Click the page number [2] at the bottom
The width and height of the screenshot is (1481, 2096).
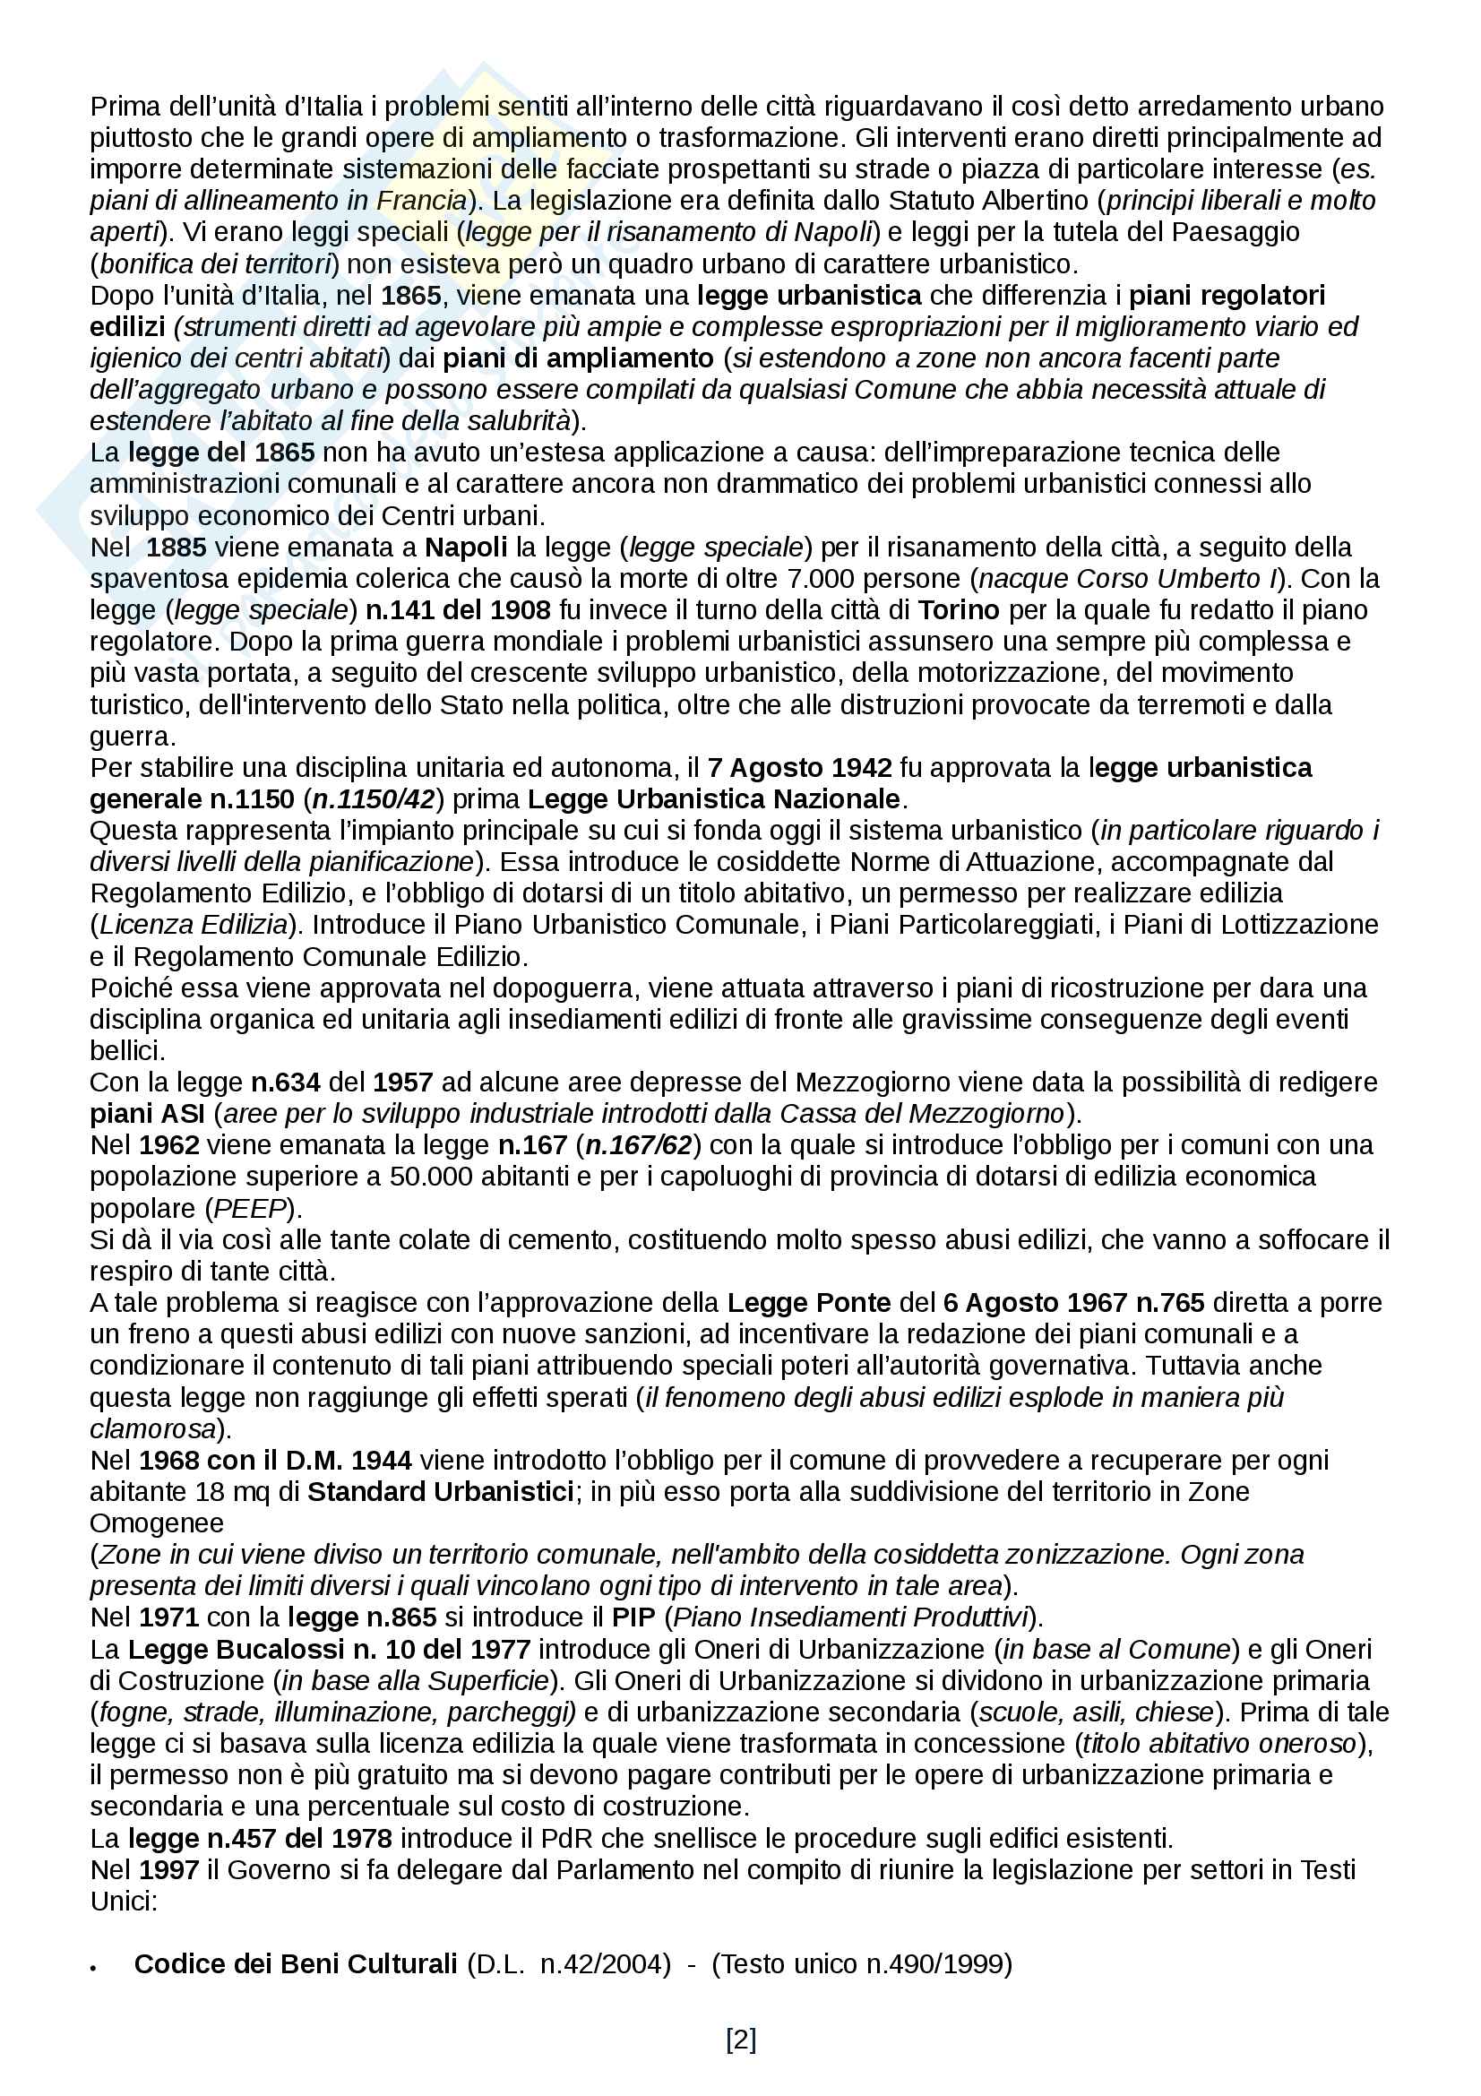pos(740,2039)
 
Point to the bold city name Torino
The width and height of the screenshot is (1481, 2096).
pos(959,610)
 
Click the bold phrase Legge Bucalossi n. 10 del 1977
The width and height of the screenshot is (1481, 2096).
pos(329,1649)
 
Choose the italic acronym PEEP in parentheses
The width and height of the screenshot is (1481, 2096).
pos(250,1209)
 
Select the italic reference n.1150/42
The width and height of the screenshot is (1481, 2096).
pos(374,799)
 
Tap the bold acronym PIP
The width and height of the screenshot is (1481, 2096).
pos(633,1617)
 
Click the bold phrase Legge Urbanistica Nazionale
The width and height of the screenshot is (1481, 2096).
pos(714,799)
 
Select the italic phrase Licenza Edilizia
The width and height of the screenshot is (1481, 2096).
pos(194,925)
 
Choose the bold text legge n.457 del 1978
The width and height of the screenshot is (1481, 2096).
pos(260,1838)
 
